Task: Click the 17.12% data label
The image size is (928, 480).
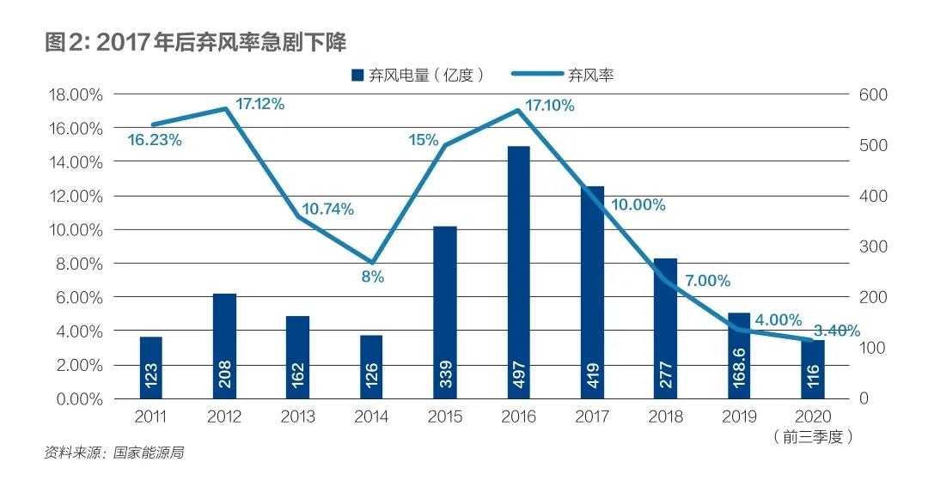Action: (x=259, y=104)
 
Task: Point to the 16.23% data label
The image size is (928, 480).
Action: (x=155, y=140)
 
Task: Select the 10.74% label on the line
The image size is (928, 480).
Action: (x=327, y=210)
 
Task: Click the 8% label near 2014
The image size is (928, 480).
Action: (x=372, y=276)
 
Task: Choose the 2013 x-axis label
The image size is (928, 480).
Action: (x=297, y=417)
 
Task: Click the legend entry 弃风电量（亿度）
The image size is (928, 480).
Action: (x=418, y=75)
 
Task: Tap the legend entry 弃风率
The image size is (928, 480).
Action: (x=563, y=75)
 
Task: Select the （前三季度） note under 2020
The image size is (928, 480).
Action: (x=813, y=437)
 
